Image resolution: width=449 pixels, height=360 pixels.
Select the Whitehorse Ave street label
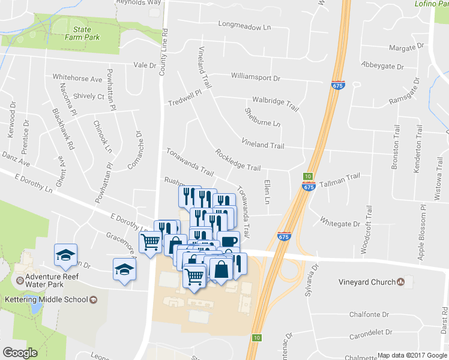[77, 78]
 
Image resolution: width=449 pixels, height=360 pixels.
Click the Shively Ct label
[88, 96]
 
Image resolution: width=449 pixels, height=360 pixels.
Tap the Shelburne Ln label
[262, 117]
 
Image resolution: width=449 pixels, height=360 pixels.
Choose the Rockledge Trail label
[238, 160]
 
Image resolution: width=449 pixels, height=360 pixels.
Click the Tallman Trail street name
[339, 176]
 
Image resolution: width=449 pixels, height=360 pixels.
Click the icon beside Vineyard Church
[401, 281]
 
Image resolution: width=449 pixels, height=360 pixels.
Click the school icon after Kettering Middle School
[93, 299]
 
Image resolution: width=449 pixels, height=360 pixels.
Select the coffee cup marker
[228, 240]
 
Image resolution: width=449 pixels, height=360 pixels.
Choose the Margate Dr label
[406, 47]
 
